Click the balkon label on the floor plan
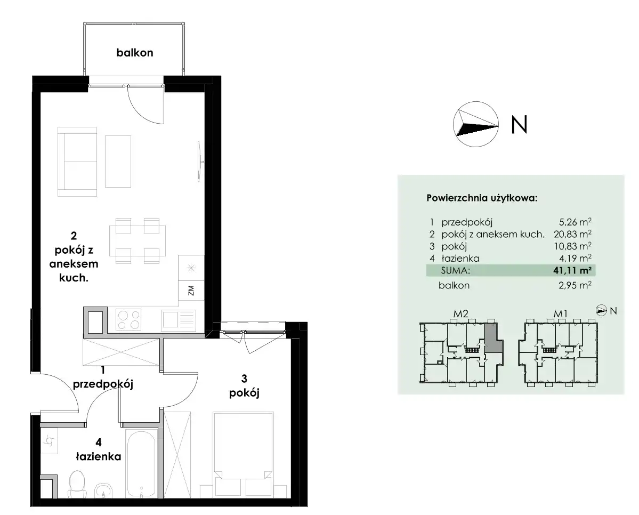coord(134,53)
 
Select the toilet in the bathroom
coord(76,485)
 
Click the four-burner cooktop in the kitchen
coord(128,319)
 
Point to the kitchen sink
coord(179,320)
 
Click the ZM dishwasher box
coord(191,291)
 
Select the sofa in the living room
coord(77,162)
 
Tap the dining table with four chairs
coord(137,240)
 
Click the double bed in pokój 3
coord(244,454)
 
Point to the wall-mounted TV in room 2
coord(200,161)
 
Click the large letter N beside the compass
coord(519,124)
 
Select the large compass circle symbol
coord(475,124)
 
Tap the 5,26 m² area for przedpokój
coord(575,222)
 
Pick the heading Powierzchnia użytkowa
coord(482,198)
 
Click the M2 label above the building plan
coord(460,313)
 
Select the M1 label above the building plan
coord(560,313)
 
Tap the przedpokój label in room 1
coord(103,384)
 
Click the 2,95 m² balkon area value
coord(575,285)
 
